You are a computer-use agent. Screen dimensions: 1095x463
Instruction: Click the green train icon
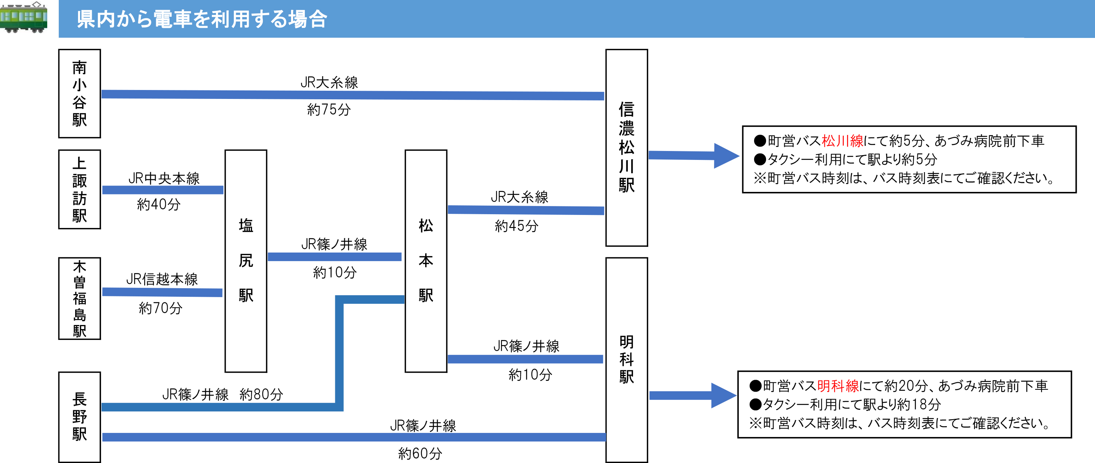[x=23, y=17]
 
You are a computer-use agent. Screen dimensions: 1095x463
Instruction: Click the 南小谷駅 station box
[x=80, y=94]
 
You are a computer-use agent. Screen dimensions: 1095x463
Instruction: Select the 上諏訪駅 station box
[x=80, y=189]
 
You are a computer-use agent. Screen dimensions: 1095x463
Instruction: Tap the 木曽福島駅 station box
[x=80, y=299]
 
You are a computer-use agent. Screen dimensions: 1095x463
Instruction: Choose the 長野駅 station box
[x=80, y=417]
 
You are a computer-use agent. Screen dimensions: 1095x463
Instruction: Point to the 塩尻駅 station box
[x=246, y=261]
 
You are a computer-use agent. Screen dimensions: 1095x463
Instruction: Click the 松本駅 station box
[x=426, y=261]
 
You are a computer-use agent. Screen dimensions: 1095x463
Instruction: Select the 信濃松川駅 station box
[x=627, y=148]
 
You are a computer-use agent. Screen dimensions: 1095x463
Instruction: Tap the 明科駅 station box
[x=627, y=360]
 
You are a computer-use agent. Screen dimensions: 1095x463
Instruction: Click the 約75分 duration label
[x=329, y=110]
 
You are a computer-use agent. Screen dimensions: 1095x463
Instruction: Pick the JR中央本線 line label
[x=164, y=178]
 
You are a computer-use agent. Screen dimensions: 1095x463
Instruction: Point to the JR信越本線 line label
[x=162, y=279]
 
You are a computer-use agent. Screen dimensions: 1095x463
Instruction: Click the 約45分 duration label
[x=517, y=226]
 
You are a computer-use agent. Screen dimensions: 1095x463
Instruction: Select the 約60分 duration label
[x=420, y=453]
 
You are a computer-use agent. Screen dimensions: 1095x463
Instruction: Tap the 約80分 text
[x=261, y=394]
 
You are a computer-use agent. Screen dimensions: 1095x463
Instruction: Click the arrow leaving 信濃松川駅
[x=694, y=155]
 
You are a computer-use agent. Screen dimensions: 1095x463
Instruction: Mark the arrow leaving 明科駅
[x=693, y=395]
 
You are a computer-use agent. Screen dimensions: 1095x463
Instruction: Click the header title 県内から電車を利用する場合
[x=202, y=19]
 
